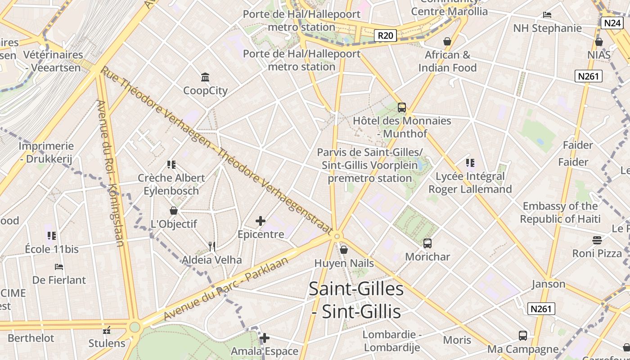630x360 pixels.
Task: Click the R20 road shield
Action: coord(385,36)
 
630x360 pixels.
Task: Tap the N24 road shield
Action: coord(612,23)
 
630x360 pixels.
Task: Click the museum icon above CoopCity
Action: coord(206,77)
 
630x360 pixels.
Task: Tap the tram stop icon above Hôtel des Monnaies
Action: coord(402,108)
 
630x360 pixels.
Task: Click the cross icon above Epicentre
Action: coord(261,221)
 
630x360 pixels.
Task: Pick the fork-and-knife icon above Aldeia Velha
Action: coord(212,246)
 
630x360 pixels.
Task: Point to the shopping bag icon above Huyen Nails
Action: coord(344,250)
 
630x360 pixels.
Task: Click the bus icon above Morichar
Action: coord(427,243)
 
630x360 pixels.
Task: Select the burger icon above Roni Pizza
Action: coord(597,240)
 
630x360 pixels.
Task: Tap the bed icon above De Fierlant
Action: coord(59,267)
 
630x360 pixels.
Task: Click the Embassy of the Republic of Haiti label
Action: coord(560,212)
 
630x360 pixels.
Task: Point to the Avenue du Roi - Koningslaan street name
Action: coord(110,173)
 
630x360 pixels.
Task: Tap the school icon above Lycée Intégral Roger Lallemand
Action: coord(470,163)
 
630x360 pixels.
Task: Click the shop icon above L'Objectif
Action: coord(174,211)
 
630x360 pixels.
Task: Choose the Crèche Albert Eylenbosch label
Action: coord(171,184)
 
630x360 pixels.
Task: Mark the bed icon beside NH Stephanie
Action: coord(547,15)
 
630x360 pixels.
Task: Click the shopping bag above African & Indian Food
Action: coord(447,41)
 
